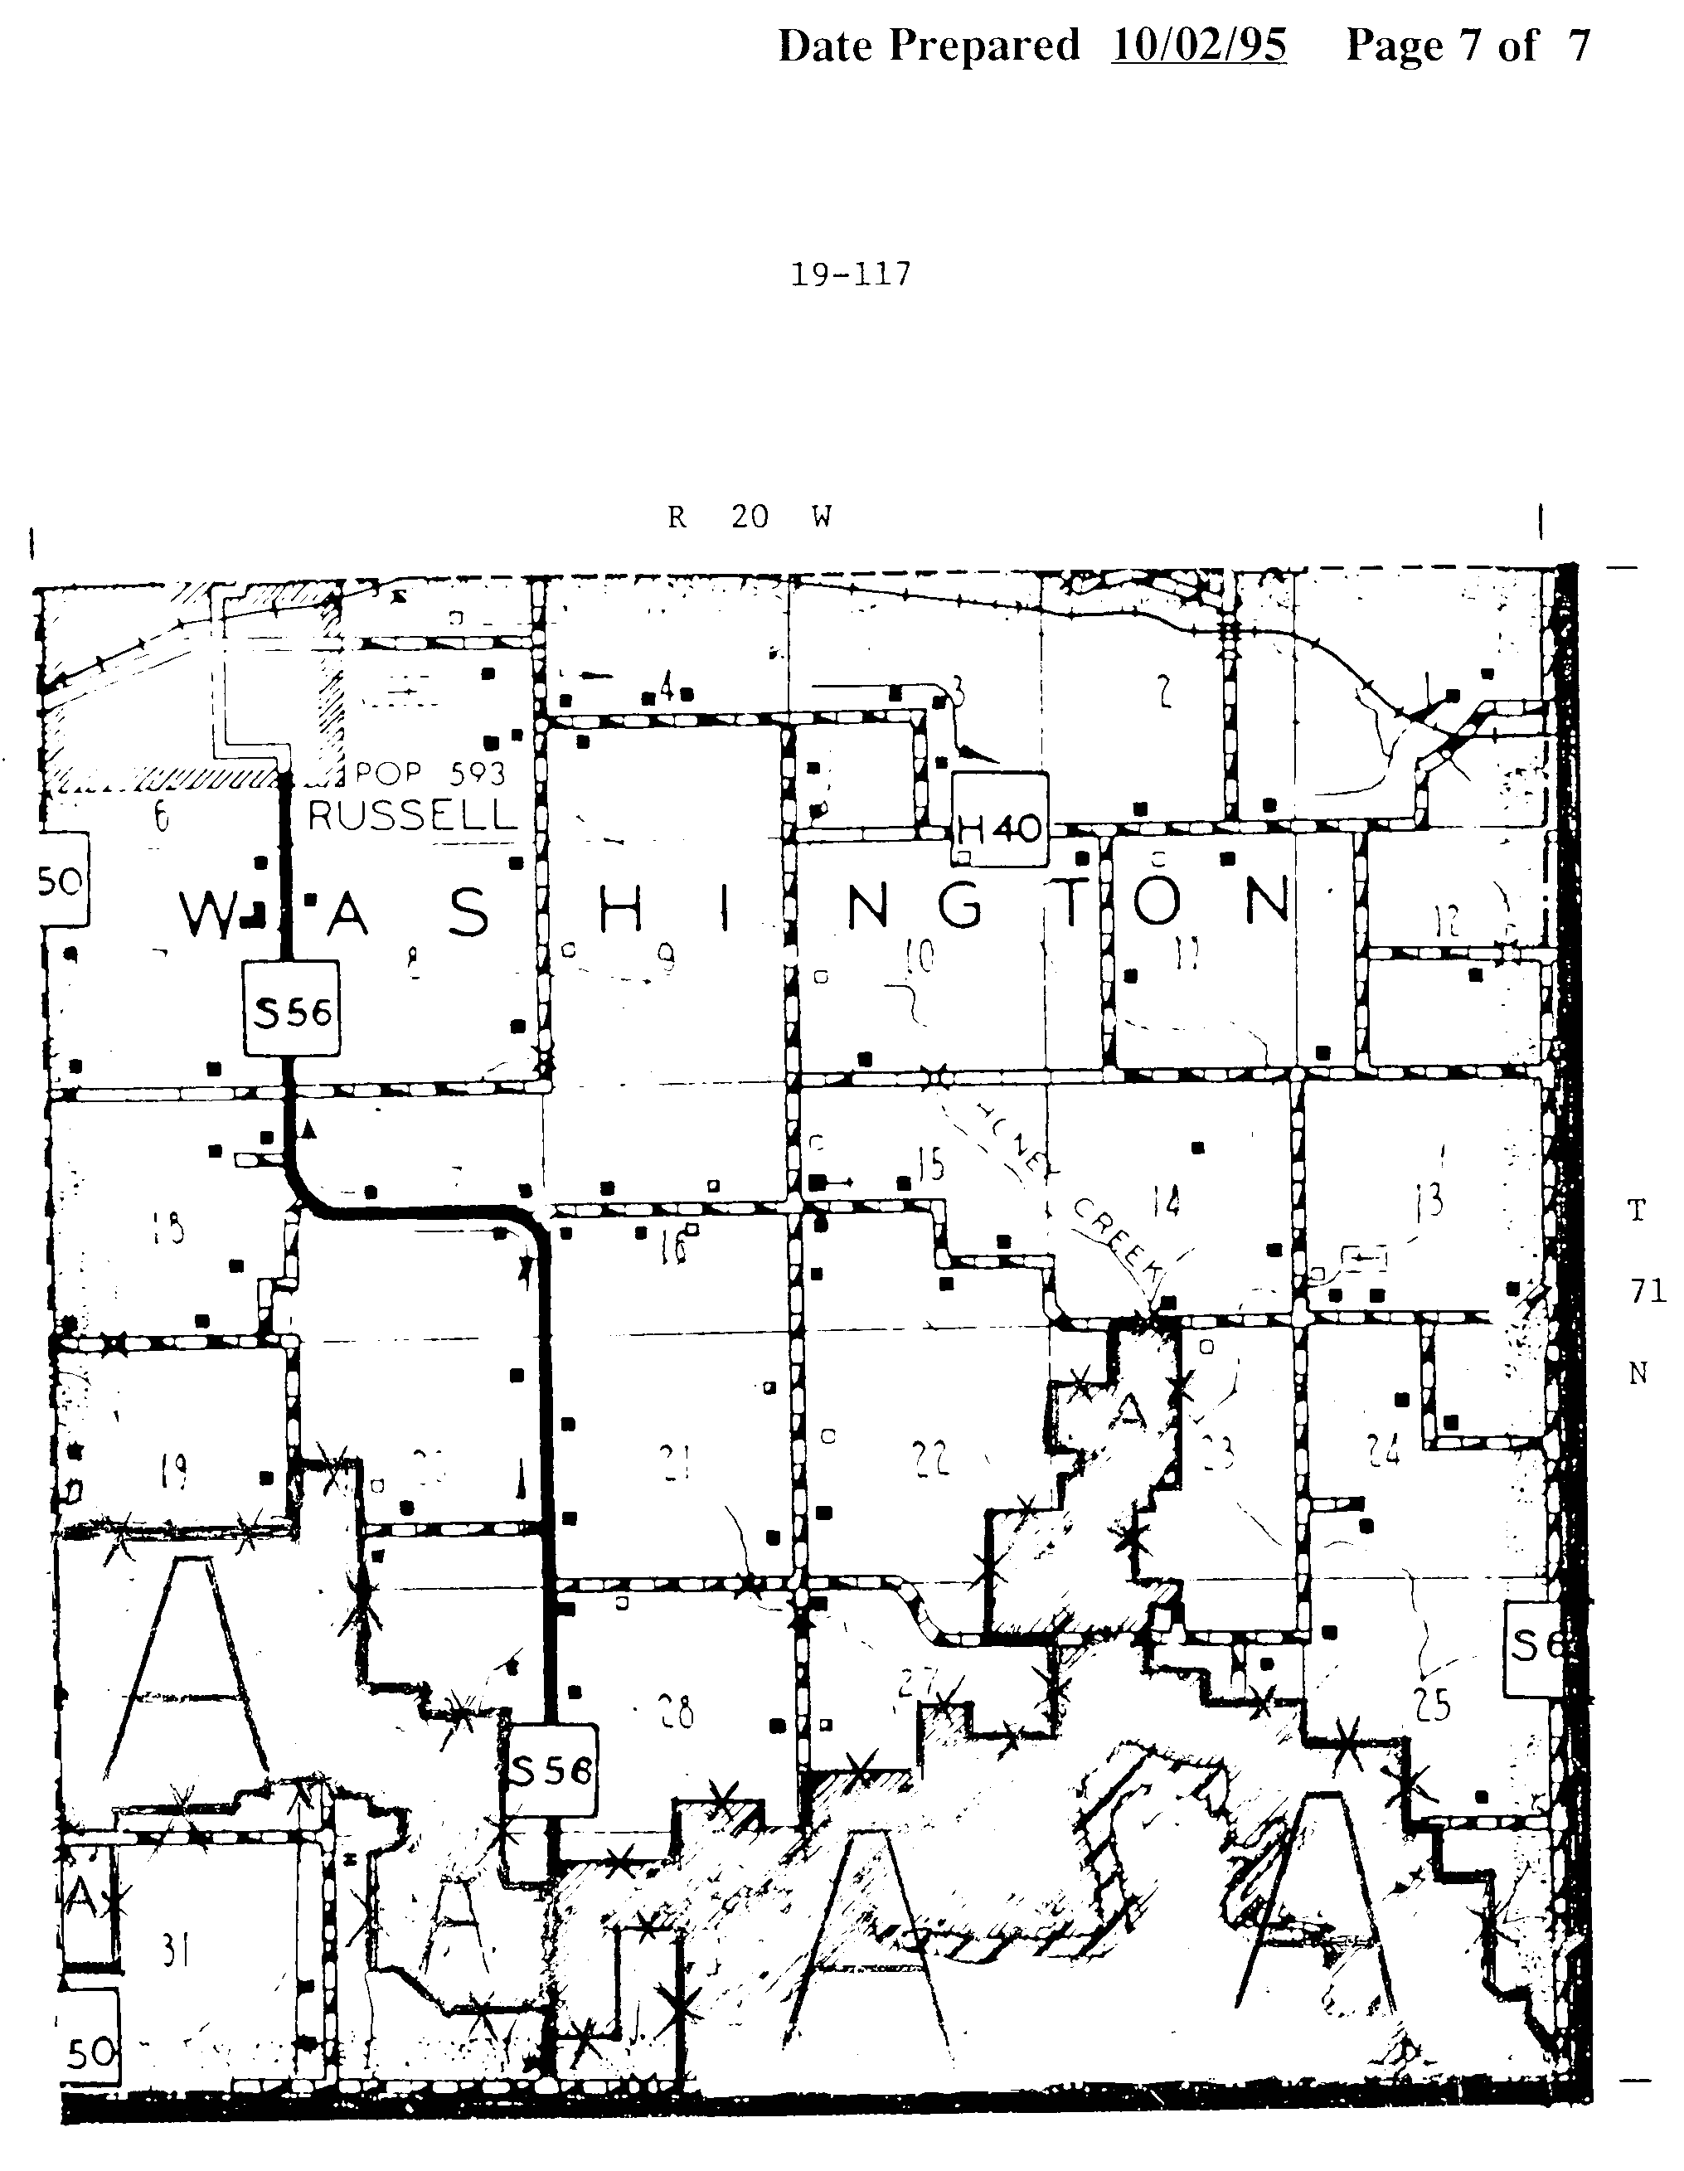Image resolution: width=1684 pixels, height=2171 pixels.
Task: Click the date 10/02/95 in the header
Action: pos(1198,46)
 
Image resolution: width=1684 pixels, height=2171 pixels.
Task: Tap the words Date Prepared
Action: pos(928,46)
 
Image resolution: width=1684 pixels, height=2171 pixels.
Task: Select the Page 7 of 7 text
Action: pos(1468,46)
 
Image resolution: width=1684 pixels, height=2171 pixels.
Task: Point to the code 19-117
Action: pos(850,274)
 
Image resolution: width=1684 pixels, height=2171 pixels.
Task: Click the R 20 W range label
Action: pos(750,517)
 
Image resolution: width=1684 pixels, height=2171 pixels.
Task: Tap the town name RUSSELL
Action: pos(413,815)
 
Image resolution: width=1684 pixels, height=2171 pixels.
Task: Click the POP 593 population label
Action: pos(430,772)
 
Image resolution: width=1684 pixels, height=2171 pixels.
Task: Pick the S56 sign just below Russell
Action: pos(292,1012)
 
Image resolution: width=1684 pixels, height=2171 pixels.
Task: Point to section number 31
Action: pos(176,1951)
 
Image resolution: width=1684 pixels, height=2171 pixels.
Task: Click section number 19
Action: pos(174,1470)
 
